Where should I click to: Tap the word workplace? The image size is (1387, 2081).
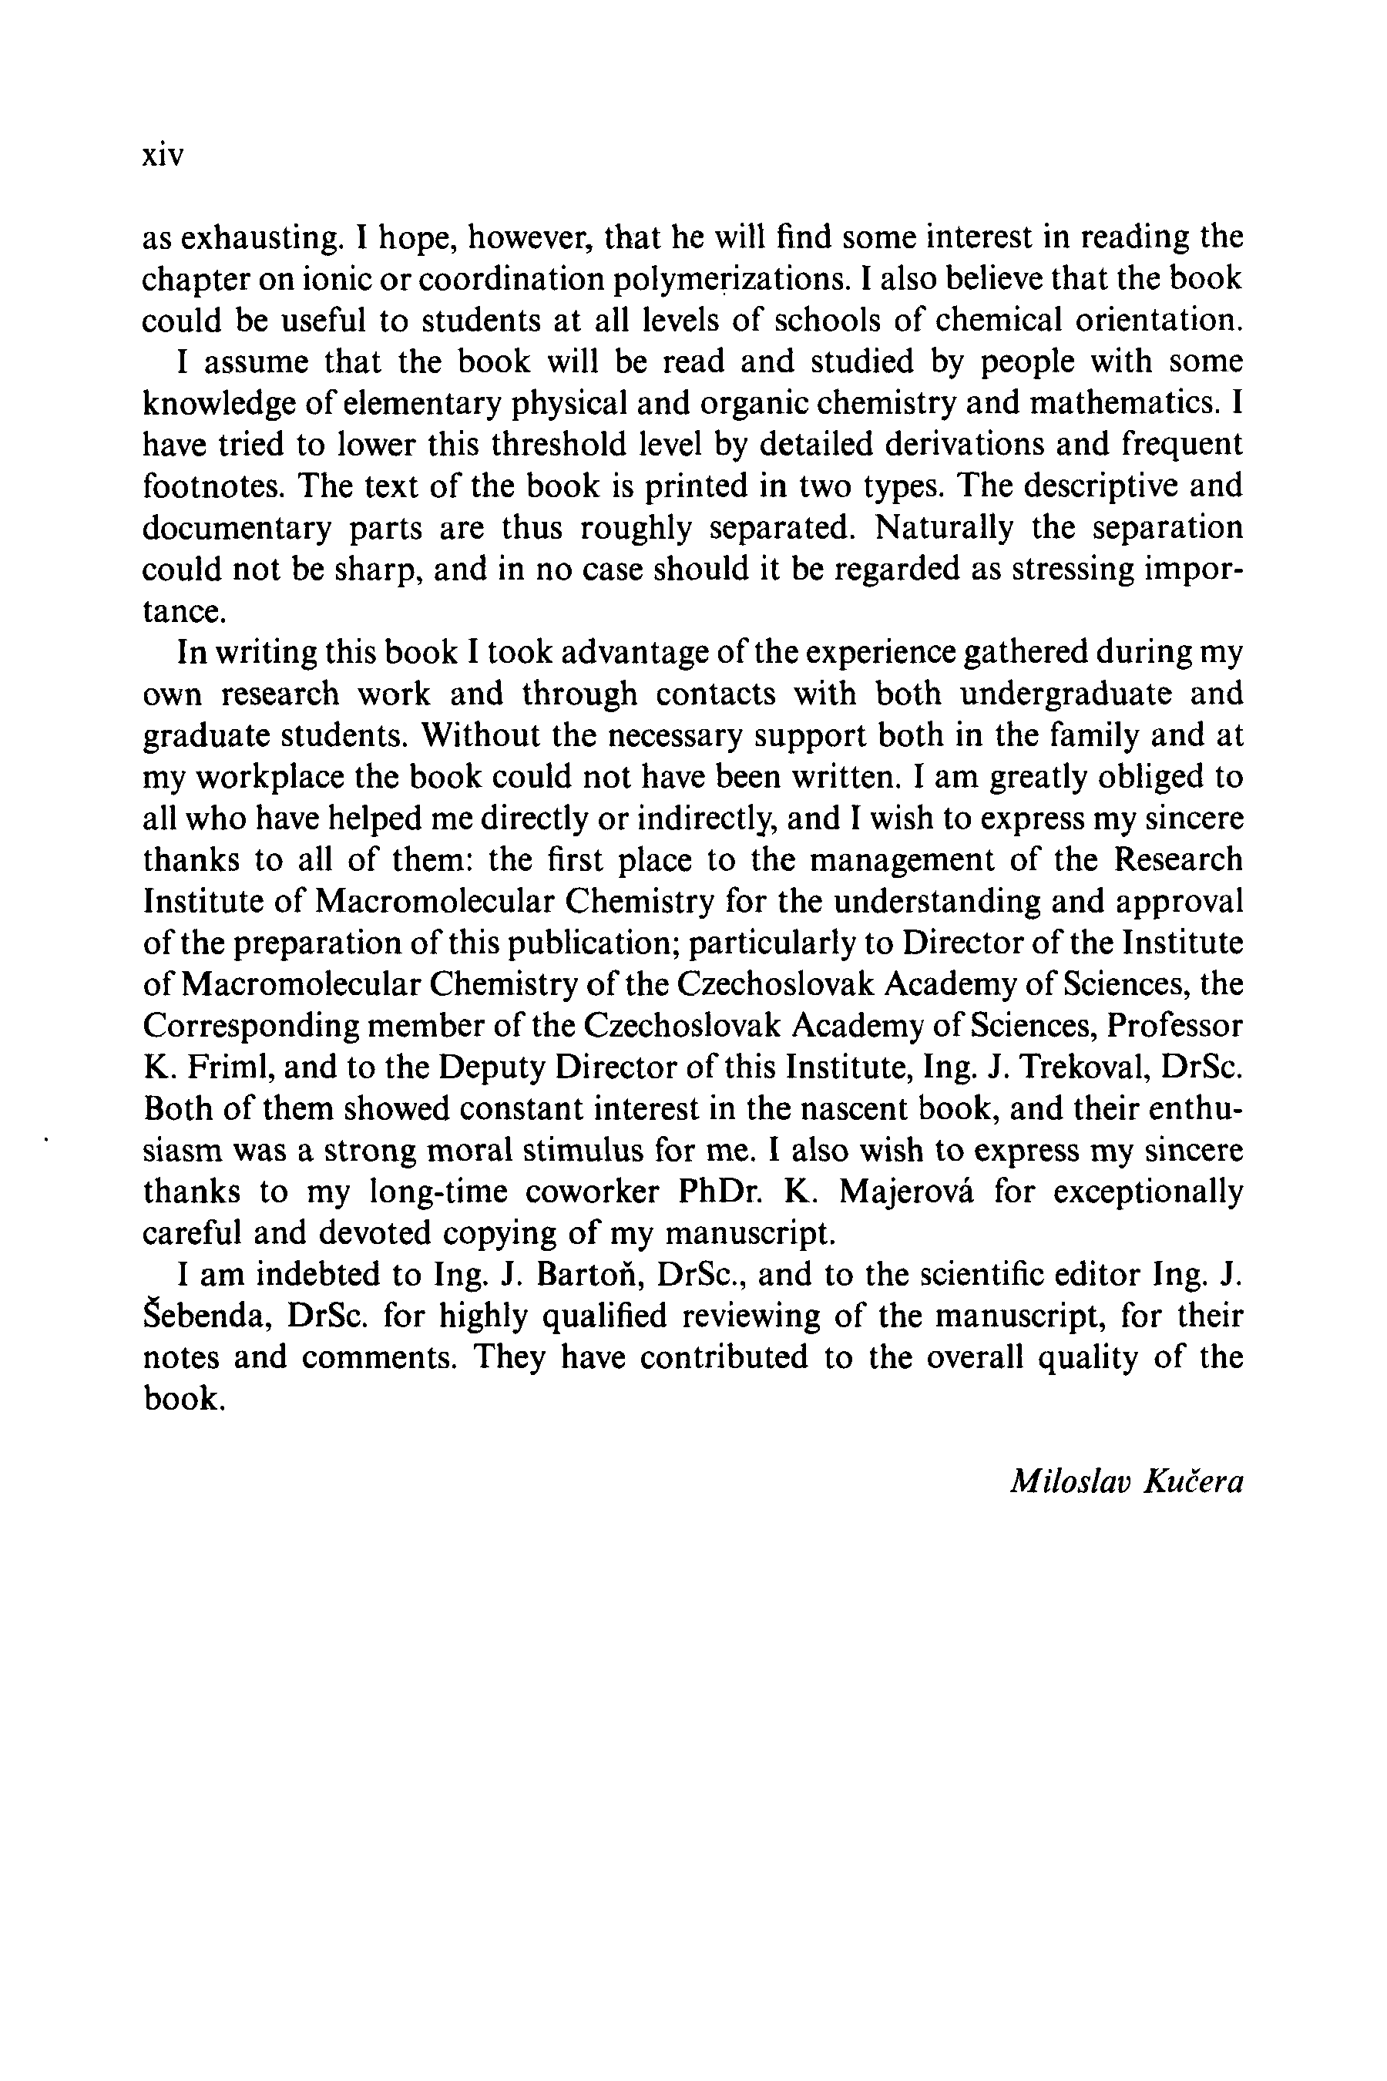coord(270,777)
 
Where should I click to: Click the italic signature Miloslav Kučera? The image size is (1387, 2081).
coord(1126,1482)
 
